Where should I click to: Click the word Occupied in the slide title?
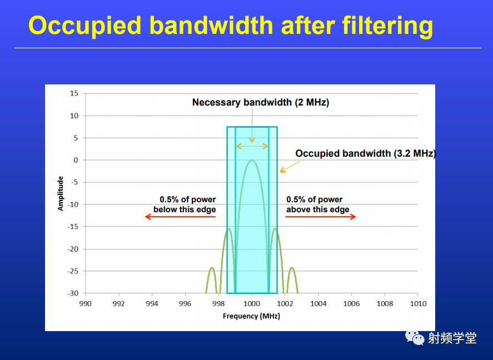85,26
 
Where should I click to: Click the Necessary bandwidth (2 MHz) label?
261,102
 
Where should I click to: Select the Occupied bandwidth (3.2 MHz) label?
366,153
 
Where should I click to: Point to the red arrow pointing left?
180,217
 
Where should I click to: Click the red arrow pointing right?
321,217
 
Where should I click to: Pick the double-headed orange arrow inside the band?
252,146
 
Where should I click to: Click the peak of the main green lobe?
252,160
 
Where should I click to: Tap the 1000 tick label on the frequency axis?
252,304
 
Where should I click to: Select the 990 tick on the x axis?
85,304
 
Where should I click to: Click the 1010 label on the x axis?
418,304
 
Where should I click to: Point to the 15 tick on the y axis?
74,93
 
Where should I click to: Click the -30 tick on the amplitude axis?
73,293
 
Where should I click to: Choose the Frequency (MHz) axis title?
252,316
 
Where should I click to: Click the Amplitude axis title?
60,193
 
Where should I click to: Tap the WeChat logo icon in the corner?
415,338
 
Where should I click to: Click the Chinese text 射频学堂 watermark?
452,338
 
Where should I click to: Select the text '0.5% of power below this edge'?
185,204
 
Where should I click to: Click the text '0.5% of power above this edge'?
317,204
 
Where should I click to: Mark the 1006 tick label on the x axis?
351,304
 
